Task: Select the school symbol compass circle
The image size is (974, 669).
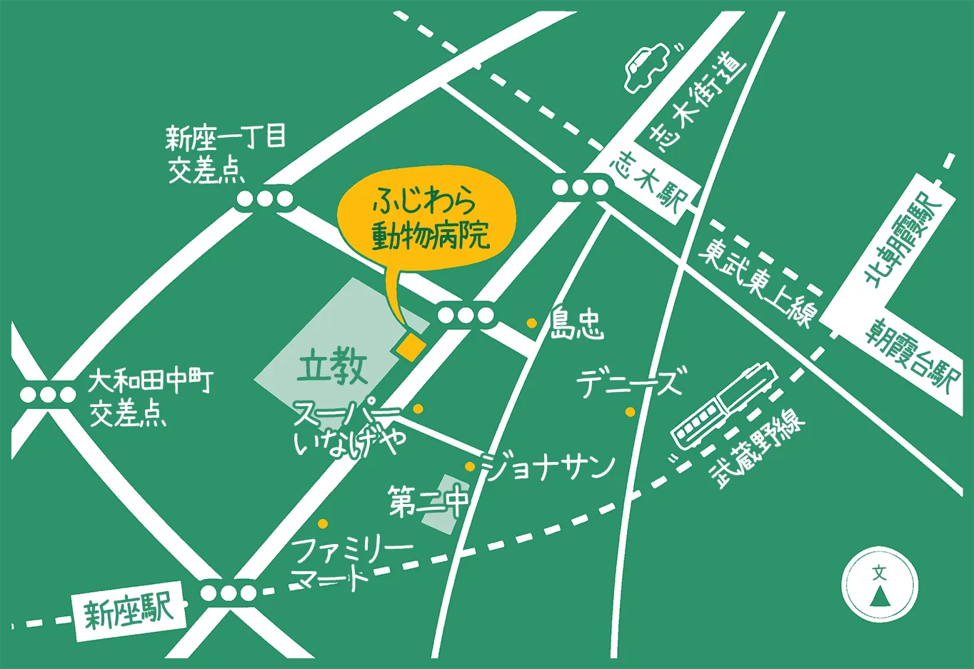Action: pyautogui.click(x=880, y=586)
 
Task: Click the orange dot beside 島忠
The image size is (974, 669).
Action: pyautogui.click(x=532, y=323)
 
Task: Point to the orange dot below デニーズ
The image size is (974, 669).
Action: pyautogui.click(x=630, y=412)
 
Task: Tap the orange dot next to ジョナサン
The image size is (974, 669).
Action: pyautogui.click(x=470, y=467)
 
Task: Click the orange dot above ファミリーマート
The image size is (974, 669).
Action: pyautogui.click(x=323, y=523)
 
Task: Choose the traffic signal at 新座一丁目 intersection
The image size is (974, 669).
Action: pyautogui.click(x=264, y=199)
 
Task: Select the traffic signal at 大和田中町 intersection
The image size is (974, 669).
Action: pyautogui.click(x=48, y=394)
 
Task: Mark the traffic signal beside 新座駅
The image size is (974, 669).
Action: pyautogui.click(x=229, y=593)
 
